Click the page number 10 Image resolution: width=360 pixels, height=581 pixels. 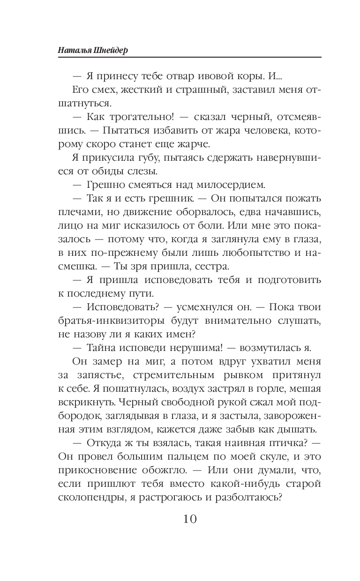(183, 519)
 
